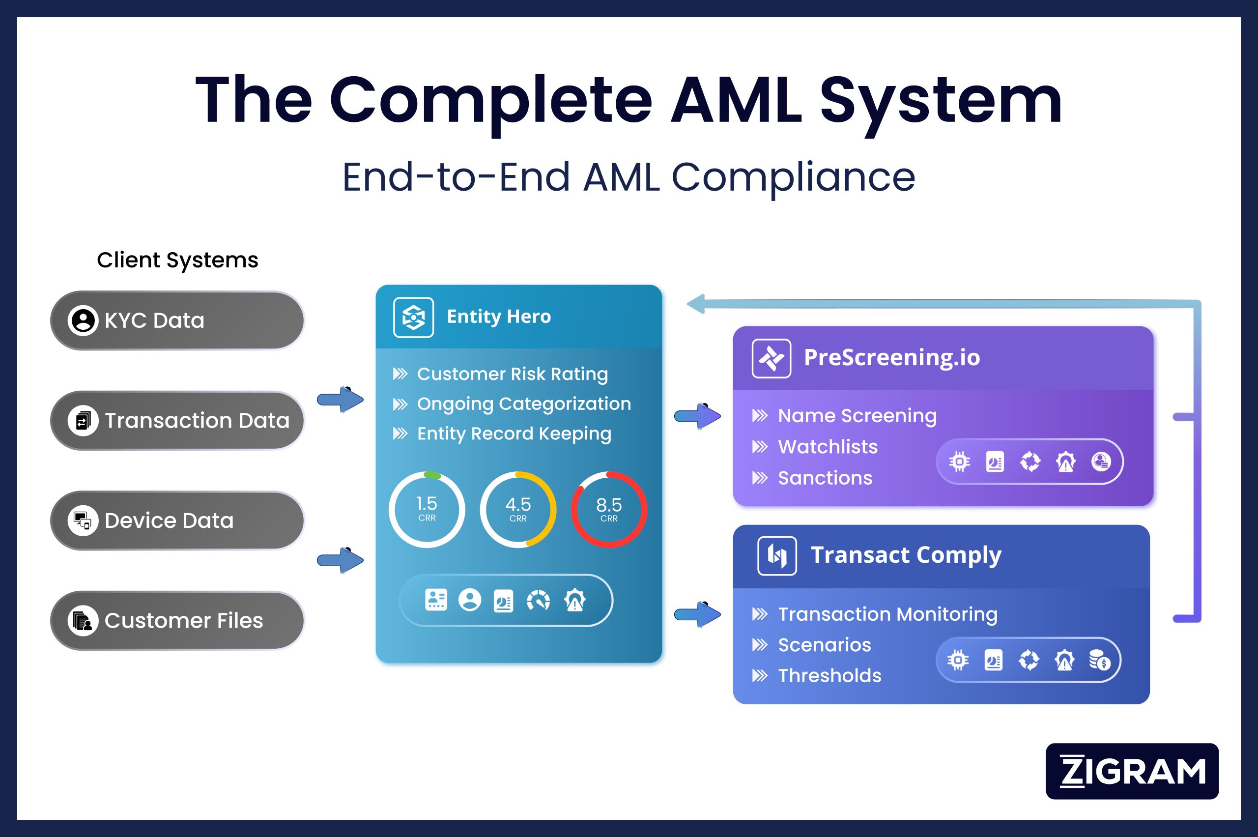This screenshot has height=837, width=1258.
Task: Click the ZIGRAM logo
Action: pos(1132,771)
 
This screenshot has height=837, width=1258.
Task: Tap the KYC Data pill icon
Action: pos(83,320)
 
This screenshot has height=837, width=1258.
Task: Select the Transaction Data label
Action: pos(197,421)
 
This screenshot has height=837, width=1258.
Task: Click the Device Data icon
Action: pos(83,520)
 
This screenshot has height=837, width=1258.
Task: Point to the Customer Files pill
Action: pos(177,620)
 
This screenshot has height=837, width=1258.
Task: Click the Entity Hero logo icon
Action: pos(413,317)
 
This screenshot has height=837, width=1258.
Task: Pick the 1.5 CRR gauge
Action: pos(427,509)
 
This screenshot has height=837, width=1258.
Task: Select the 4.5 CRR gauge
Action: pos(518,509)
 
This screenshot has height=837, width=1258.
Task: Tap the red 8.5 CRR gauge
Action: pos(609,509)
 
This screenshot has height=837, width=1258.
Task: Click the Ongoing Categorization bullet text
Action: pos(523,404)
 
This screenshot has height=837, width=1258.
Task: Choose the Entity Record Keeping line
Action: pos(514,433)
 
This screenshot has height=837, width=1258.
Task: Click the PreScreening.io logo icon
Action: pos(771,358)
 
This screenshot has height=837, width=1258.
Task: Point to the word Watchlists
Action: pos(827,447)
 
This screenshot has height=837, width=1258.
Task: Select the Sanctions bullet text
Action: pos(825,478)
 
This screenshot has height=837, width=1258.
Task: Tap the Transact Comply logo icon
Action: pos(777,556)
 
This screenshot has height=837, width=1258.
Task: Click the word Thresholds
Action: pos(829,676)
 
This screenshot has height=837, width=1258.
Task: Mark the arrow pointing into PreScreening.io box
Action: pos(698,416)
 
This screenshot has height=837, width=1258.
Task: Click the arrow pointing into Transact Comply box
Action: pos(698,614)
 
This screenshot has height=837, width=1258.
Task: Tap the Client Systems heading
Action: pos(177,260)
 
